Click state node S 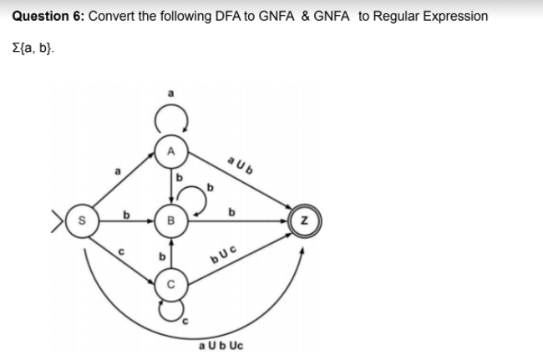82,223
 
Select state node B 170,223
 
